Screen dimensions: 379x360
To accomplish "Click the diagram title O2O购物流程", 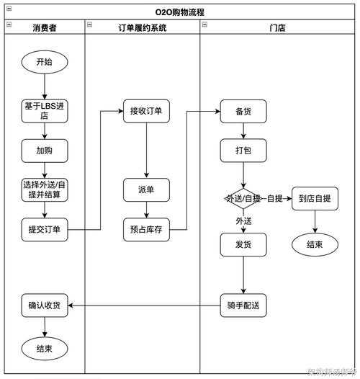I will [x=179, y=12].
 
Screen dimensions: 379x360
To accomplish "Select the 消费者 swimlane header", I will [x=45, y=27].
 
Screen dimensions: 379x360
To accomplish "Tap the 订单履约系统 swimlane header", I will [x=142, y=27].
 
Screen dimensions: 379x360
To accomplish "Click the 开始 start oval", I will [x=44, y=62].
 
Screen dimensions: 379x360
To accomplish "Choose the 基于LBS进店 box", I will [x=44, y=110].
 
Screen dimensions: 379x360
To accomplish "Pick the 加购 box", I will [x=44, y=151].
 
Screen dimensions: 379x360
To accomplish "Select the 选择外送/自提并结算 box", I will [x=44, y=189].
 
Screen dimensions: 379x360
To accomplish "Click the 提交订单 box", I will [x=44, y=230].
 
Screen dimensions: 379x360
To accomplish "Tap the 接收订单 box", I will [x=146, y=111].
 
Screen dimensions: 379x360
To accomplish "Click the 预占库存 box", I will [x=146, y=230].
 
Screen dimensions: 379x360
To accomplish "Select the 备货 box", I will [x=243, y=111].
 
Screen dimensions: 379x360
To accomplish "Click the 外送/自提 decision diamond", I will [x=243, y=198].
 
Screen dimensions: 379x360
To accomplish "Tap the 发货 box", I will [x=243, y=245].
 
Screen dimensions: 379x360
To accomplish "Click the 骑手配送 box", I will [x=243, y=305].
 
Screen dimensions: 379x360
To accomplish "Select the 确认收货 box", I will [x=44, y=305].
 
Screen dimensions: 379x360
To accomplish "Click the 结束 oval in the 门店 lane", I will [x=315, y=244].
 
